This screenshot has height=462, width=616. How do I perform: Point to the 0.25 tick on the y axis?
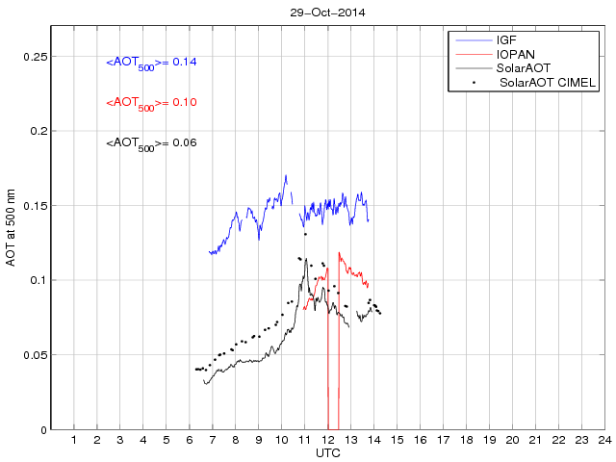[x=35, y=57]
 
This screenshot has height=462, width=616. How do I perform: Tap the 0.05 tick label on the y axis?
[x=35, y=355]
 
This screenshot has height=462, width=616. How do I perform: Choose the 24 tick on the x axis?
[x=603, y=440]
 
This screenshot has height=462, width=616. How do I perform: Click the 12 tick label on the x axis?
[x=327, y=440]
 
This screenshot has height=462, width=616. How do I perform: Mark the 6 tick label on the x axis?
[x=190, y=440]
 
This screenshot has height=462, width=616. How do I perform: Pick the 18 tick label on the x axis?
[x=466, y=440]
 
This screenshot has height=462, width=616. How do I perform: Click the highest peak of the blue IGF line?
[x=286, y=176]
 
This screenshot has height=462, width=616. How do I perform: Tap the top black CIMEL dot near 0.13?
[x=305, y=234]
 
